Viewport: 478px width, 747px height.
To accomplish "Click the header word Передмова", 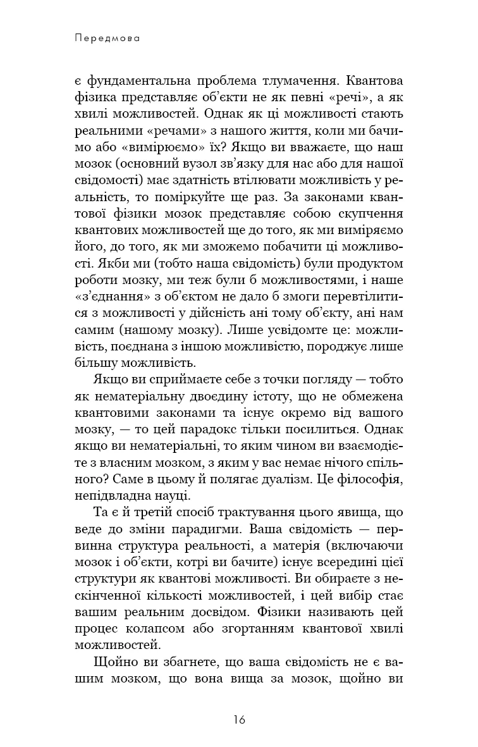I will [x=106, y=38].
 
